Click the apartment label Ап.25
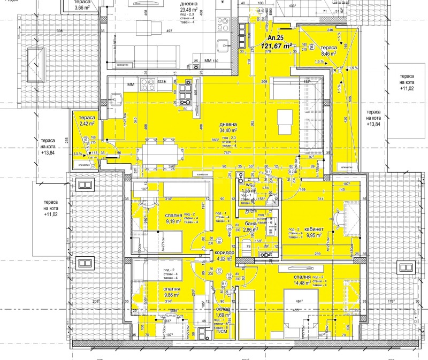276,39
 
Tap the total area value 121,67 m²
276,46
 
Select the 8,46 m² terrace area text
328,53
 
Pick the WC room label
249,185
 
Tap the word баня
250,224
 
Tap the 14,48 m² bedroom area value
303,284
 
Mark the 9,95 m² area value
314,234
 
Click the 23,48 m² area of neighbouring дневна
189,10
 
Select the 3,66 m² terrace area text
82,7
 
